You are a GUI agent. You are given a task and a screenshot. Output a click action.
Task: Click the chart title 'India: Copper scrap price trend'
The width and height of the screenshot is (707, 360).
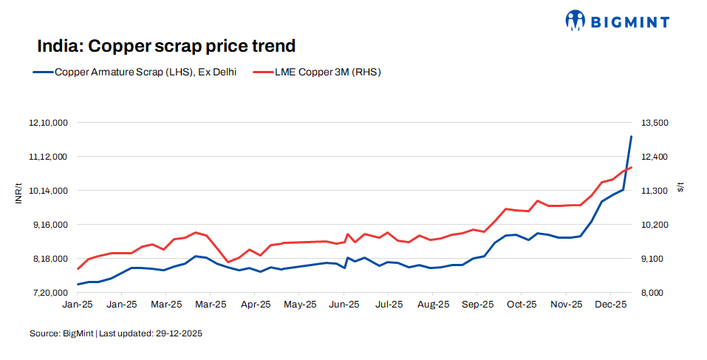tap(166, 46)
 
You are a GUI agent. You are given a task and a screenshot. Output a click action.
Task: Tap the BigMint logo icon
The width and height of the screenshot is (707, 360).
tap(575, 21)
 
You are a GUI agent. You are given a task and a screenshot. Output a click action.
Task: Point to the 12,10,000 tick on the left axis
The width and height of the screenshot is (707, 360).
tap(48, 123)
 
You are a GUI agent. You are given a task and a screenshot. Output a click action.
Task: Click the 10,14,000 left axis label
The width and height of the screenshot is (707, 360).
tap(48, 191)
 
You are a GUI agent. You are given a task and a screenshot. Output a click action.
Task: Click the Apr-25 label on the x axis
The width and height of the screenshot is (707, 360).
tap(256, 304)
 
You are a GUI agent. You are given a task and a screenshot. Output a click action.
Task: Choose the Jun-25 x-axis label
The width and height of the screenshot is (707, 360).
tap(344, 304)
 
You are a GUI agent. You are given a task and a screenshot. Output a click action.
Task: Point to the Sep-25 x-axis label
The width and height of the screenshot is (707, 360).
tap(477, 304)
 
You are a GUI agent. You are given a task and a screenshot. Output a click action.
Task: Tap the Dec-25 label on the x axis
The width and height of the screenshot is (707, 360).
tap(611, 304)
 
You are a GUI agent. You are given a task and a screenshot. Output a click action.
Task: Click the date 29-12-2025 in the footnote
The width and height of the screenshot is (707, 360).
tap(179, 333)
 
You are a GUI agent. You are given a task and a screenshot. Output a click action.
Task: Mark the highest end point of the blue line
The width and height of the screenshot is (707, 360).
tap(631, 136)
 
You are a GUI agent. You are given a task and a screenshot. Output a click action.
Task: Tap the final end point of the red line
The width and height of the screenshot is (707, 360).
tap(631, 167)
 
